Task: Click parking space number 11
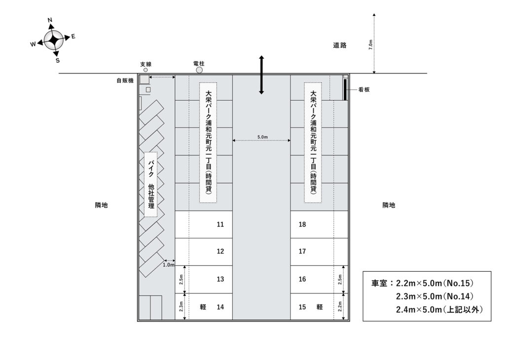coord(204,224)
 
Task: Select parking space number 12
coord(204,252)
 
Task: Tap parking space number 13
coord(204,280)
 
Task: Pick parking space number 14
coord(204,307)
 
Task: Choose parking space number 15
coord(319,307)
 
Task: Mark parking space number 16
coord(319,280)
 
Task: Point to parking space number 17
coord(319,252)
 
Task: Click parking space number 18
coord(319,224)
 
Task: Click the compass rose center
coord(53,40)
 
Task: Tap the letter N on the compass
coord(50,20)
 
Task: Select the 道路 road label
coord(340,45)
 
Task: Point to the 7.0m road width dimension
coord(371,44)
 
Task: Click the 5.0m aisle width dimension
coord(262,137)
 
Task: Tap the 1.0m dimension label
coord(169,265)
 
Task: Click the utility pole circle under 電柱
coord(199,70)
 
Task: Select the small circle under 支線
coord(145,70)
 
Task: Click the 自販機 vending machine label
coord(125,80)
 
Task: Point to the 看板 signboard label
coord(364,90)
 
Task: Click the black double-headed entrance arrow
coord(261,75)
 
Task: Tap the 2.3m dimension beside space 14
coord(181,306)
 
